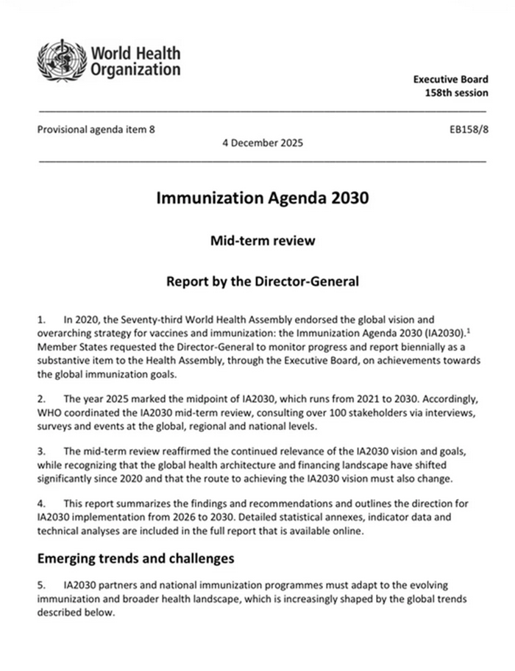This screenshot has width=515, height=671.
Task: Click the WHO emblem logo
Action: click(x=62, y=60)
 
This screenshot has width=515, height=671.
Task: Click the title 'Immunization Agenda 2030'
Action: click(x=261, y=198)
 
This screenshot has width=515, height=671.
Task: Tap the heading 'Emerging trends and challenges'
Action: click(x=135, y=559)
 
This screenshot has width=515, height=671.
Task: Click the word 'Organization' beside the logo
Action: click(x=135, y=70)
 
